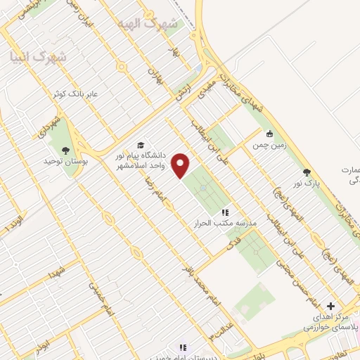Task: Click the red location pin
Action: pyautogui.click(x=181, y=165)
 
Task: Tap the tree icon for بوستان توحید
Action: pyautogui.click(x=66, y=150)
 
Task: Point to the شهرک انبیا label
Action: pyautogui.click(x=38, y=57)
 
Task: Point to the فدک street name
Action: pyautogui.click(x=229, y=246)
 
